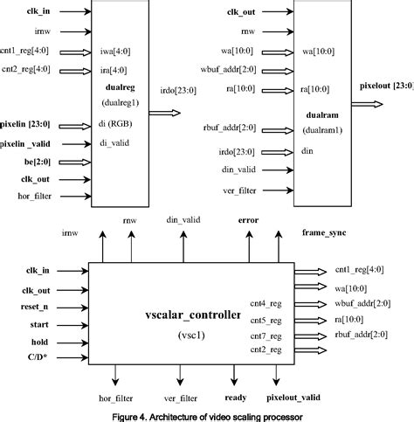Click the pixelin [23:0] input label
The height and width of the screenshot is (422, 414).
[x=30, y=126]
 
